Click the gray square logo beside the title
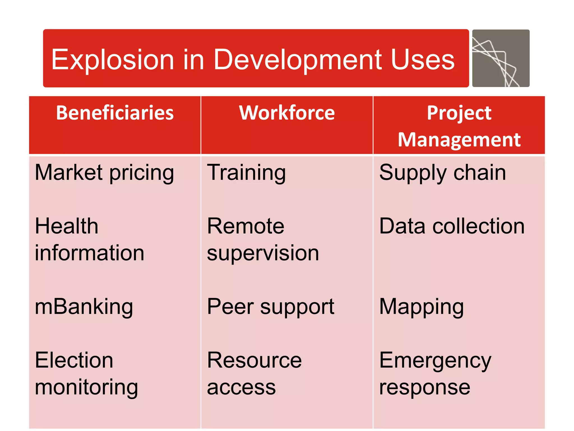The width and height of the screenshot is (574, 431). pos(501,58)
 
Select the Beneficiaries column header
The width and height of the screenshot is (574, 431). pos(115,113)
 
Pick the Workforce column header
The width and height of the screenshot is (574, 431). pos(287,113)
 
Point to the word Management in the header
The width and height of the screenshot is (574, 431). pos(459,140)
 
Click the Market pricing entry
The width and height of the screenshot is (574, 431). pos(104,173)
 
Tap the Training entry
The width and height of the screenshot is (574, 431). pos(246,173)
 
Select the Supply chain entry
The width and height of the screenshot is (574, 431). pos(443,173)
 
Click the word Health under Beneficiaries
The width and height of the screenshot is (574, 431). pos(67,226)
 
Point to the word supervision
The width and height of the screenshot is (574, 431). pos(263,253)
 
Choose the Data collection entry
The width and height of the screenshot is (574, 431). pos(452,226)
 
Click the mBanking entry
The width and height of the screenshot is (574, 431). pos(84,307)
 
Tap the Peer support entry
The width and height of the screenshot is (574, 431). pos(270,307)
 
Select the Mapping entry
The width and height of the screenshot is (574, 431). pos(421,307)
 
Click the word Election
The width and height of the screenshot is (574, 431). pos(74,360)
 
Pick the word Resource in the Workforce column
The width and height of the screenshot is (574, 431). pos(254,360)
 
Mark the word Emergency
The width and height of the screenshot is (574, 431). pos(435,361)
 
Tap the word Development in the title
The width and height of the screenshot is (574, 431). pos(297,59)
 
